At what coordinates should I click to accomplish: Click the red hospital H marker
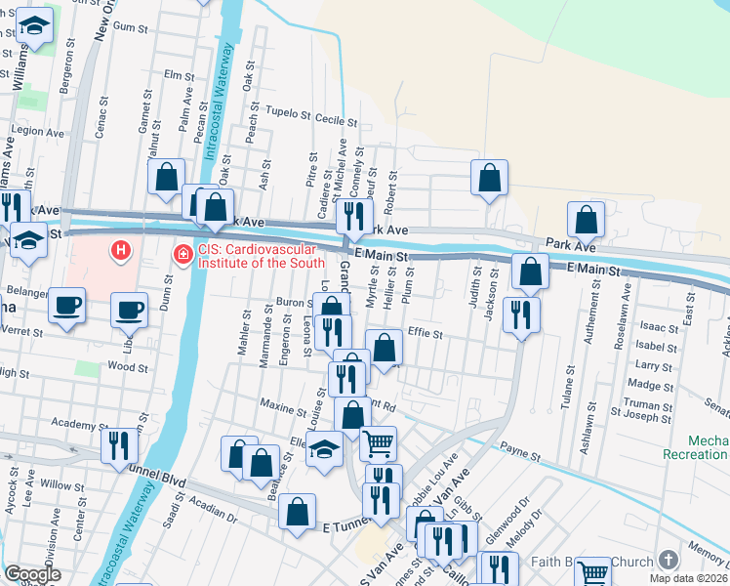(120, 252)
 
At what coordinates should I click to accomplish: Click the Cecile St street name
(337, 120)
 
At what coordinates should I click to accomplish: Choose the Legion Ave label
(38, 130)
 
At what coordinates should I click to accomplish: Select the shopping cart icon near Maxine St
(379, 443)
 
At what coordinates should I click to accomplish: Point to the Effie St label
(426, 334)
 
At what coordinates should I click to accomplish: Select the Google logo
(32, 574)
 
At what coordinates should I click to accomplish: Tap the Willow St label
(63, 485)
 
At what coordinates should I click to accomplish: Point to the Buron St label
(293, 303)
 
